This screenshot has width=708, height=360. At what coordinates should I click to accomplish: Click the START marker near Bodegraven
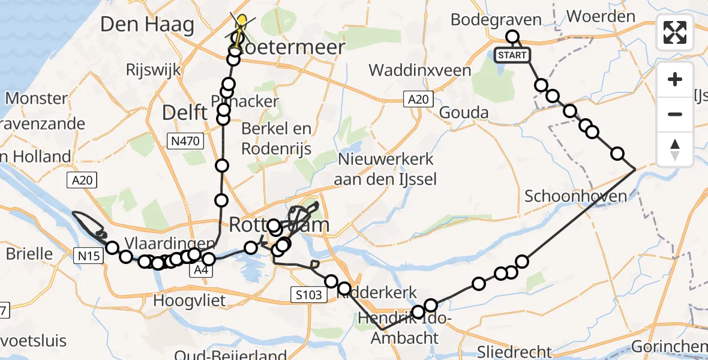(x=512, y=55)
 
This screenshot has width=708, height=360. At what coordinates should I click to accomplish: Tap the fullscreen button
(x=675, y=32)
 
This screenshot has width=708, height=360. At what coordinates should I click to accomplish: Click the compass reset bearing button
(x=675, y=149)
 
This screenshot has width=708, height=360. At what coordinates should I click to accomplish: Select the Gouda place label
(x=464, y=113)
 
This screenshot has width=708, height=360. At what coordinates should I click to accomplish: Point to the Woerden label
(x=601, y=17)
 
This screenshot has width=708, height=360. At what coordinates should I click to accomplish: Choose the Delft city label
(x=185, y=112)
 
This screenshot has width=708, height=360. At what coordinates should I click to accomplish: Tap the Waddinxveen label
(x=420, y=70)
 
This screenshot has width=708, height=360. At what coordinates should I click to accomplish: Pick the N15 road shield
(x=88, y=256)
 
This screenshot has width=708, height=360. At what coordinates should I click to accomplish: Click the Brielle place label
(x=29, y=254)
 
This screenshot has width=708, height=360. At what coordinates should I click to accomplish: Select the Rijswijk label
(x=153, y=70)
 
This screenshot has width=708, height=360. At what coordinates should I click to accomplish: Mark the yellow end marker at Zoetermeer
(x=241, y=23)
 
